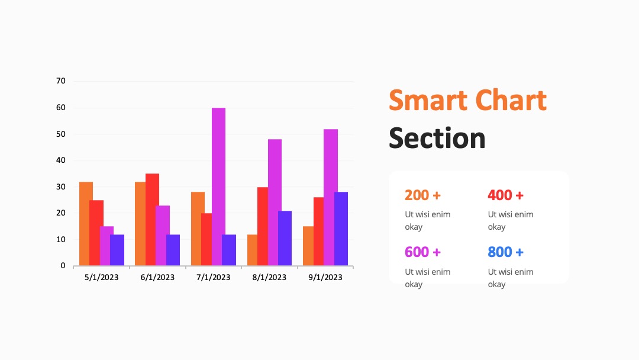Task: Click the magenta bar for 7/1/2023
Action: pyautogui.click(x=218, y=187)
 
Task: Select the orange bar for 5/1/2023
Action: pyautogui.click(x=86, y=224)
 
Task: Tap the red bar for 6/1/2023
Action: pyautogui.click(x=153, y=220)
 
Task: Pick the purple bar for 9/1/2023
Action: pyautogui.click(x=341, y=229)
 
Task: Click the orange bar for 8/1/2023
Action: pyautogui.click(x=252, y=250)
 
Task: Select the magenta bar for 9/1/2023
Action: pyautogui.click(x=331, y=197)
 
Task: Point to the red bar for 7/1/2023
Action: pyautogui.click(x=206, y=239)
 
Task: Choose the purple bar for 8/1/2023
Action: pyautogui.click(x=285, y=238)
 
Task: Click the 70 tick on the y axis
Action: pyautogui.click(x=61, y=81)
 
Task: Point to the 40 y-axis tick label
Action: pyautogui.click(x=61, y=160)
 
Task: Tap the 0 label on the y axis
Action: pyautogui.click(x=63, y=266)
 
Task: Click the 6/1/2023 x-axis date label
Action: pyautogui.click(x=157, y=277)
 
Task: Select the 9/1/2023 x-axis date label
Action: pyautogui.click(x=325, y=277)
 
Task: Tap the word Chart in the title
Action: pyautogui.click(x=511, y=100)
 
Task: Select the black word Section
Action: pyautogui.click(x=437, y=138)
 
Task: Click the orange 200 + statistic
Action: pyautogui.click(x=422, y=195)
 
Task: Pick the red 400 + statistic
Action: pyautogui.click(x=506, y=195)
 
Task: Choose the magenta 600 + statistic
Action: pyautogui.click(x=422, y=252)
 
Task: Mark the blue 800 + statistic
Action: pyautogui.click(x=506, y=252)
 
